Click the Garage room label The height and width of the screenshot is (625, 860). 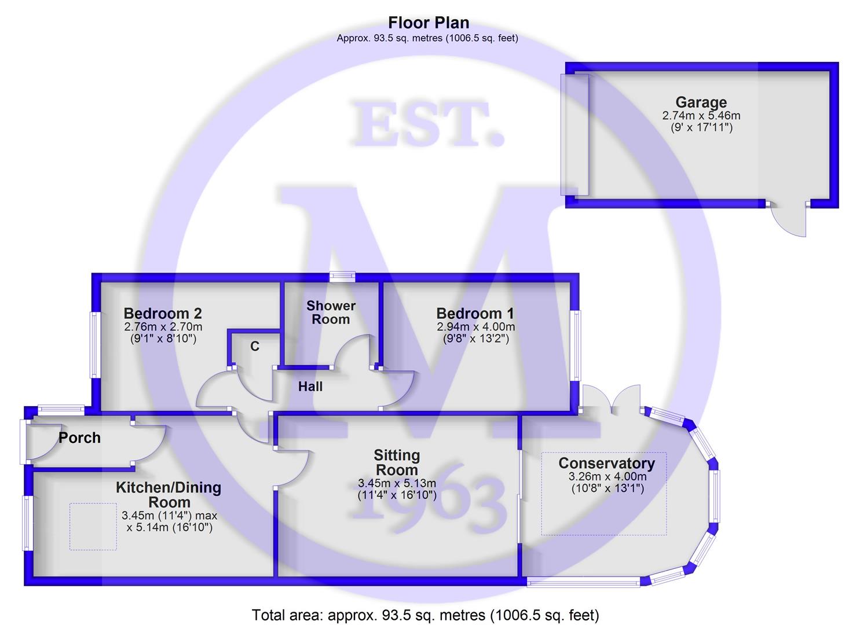click(x=701, y=102)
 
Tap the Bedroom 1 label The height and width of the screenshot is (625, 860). click(x=475, y=314)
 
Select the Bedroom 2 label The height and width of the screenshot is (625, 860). click(x=163, y=314)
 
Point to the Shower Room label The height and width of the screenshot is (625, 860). click(x=331, y=312)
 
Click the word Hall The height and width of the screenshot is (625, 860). click(x=310, y=387)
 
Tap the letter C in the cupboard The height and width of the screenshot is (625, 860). click(x=255, y=347)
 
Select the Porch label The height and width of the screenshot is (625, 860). click(x=79, y=438)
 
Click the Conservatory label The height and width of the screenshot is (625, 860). click(x=606, y=464)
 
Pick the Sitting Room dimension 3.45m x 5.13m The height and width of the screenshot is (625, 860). click(x=397, y=483)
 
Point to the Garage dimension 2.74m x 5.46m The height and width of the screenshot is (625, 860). click(x=701, y=116)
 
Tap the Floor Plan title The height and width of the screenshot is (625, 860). click(x=429, y=23)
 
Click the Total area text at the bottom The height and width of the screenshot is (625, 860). click(x=426, y=615)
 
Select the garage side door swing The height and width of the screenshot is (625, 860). click(x=791, y=219)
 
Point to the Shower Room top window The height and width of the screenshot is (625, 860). click(x=342, y=277)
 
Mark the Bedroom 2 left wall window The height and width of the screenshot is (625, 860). click(x=95, y=345)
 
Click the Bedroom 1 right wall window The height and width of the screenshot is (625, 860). click(x=576, y=345)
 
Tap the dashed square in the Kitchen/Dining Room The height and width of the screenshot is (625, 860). click(x=93, y=526)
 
